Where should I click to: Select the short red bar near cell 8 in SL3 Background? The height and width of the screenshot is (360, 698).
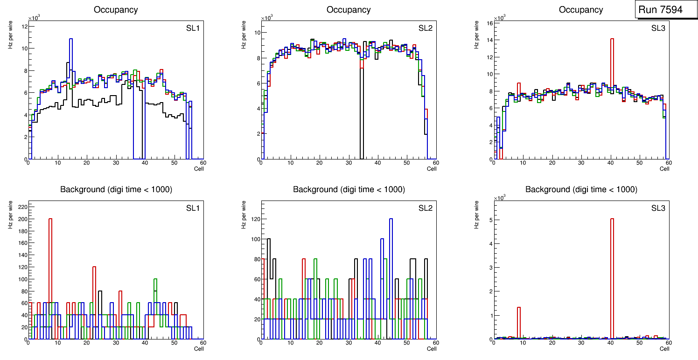point(518,322)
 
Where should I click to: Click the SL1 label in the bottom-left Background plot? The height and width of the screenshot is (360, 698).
point(193,208)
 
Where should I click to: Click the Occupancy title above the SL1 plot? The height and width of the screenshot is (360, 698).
point(116,10)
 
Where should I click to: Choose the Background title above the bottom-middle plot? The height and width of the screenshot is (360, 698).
point(349,189)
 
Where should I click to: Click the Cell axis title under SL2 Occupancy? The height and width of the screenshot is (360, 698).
point(432,169)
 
